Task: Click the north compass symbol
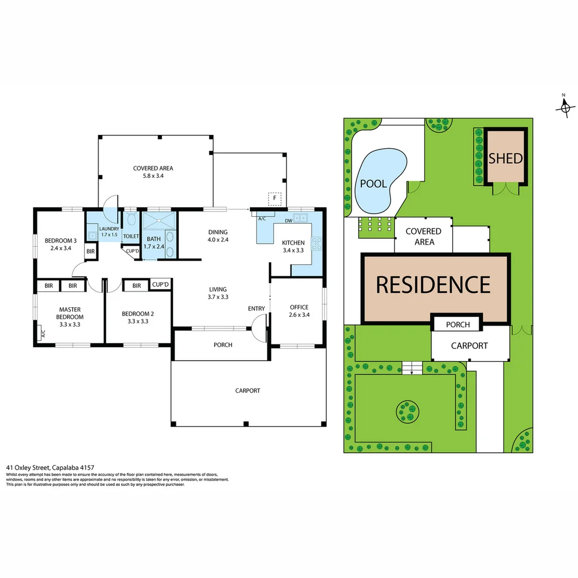[x=565, y=107]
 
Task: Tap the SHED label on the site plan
[x=505, y=158]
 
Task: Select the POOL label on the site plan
[x=373, y=184]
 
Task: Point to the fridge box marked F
[x=275, y=199]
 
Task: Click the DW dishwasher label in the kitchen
[x=288, y=220]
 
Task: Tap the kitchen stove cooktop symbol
[x=316, y=244]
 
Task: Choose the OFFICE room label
[x=299, y=310]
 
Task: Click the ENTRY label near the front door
[x=256, y=308]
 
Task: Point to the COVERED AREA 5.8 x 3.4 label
[x=153, y=171]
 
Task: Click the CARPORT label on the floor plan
[x=248, y=391]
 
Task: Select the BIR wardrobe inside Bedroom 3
[x=90, y=251]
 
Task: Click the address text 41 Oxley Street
[x=50, y=467]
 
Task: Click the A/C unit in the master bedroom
[x=41, y=334]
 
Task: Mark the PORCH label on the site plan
[x=458, y=324]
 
